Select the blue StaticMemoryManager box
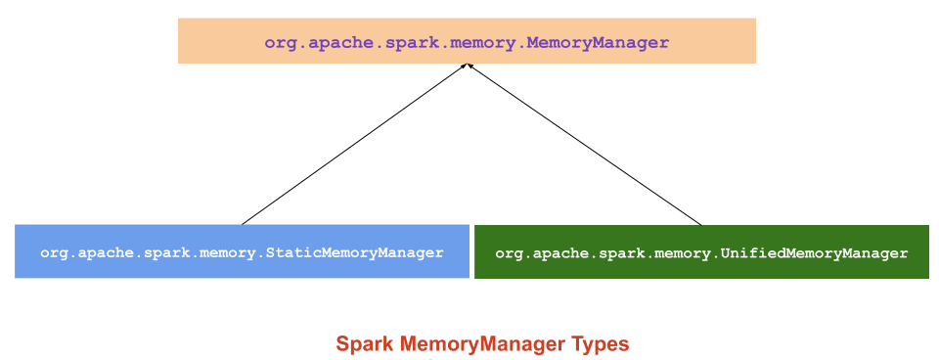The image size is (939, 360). (242, 251)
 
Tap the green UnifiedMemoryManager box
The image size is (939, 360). (701, 251)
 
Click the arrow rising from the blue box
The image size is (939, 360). (355, 145)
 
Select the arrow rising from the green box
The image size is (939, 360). (585, 145)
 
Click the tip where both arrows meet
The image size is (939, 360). (469, 66)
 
